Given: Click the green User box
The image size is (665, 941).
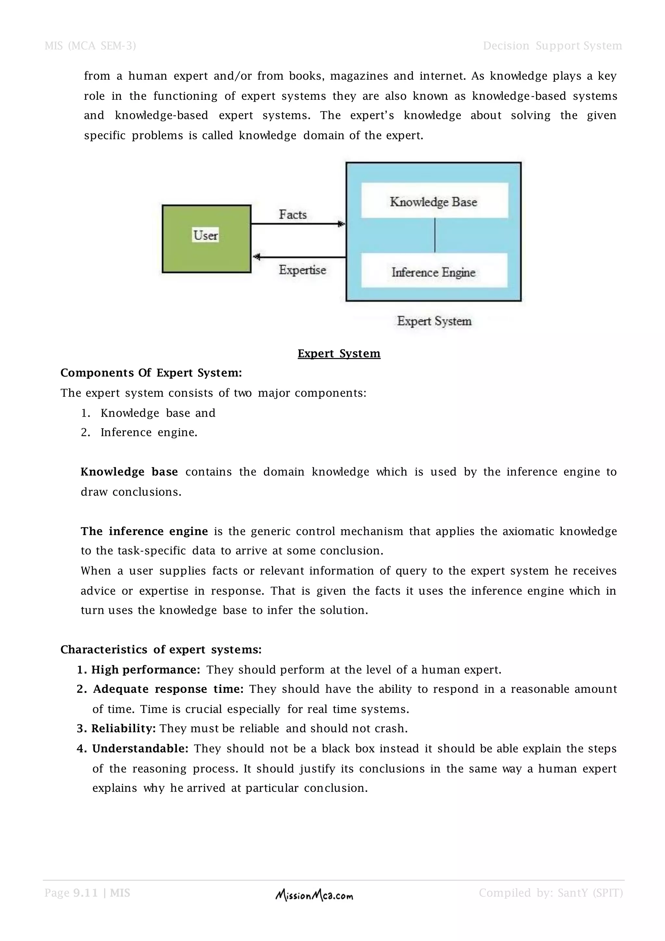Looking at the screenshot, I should [x=207, y=238].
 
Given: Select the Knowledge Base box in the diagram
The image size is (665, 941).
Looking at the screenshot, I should [x=434, y=200].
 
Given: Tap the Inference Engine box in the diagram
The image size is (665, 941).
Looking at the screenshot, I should [x=434, y=270].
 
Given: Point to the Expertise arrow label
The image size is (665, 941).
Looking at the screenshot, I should [x=302, y=270].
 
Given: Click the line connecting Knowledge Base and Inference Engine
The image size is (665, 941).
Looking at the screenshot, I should [x=434, y=235].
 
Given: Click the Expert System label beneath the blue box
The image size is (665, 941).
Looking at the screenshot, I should [x=434, y=321].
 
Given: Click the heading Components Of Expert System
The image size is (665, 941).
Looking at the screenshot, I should [x=151, y=373].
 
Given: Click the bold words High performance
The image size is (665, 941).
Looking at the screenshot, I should [x=145, y=669].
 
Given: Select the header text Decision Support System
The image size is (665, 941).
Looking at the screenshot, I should [x=552, y=45].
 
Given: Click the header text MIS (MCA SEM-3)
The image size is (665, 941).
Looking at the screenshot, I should [x=90, y=45].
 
